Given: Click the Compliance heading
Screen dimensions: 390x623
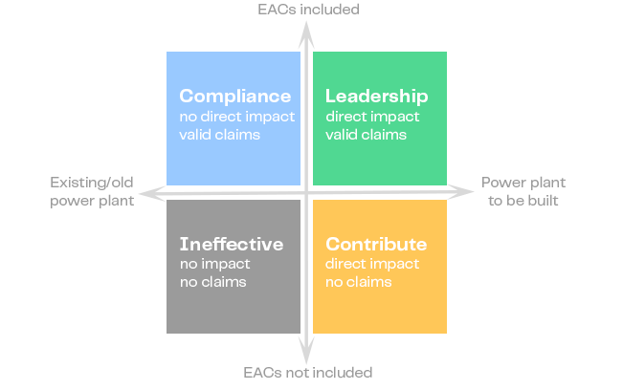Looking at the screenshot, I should pos(234,97).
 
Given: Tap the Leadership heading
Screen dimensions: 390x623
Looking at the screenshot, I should pos(376,97).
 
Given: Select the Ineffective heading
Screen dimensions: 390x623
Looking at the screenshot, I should pos(231,244).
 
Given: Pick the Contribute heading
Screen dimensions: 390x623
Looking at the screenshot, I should pos(376,244).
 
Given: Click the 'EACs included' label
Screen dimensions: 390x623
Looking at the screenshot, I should pos(308,10).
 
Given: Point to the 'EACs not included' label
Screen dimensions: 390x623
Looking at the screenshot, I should pos(307,372).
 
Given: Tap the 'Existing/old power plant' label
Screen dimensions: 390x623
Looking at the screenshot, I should pos(92,191).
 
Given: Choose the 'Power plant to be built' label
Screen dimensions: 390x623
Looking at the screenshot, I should pos(523,191).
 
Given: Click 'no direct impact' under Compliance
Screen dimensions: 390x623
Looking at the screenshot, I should pos(236,117).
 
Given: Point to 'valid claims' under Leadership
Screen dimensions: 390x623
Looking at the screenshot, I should pos(366,135).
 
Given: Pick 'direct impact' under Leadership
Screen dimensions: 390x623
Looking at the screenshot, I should pos(372,117).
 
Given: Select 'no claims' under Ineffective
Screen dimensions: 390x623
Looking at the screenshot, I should pos(212,282).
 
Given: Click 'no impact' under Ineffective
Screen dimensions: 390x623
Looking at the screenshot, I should pos(214,264).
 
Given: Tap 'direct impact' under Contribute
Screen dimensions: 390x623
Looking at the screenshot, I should pos(372,264).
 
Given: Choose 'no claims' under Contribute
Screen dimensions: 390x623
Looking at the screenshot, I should pos(358,282).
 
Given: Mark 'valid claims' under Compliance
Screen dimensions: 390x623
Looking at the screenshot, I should pos(220,135).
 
